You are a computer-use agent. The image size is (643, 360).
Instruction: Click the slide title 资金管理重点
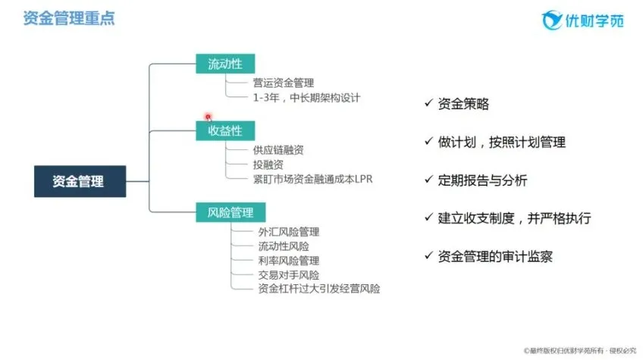[x=69, y=18]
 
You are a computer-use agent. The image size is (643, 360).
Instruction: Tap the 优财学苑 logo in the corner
[x=582, y=20]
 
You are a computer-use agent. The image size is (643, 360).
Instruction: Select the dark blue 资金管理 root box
[x=80, y=181]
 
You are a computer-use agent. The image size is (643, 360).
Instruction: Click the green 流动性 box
[x=225, y=64]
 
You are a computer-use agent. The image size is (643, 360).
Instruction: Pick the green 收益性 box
[x=225, y=131]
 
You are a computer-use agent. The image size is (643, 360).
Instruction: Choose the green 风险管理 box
[x=231, y=212]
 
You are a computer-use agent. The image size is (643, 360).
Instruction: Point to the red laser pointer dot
[x=209, y=117]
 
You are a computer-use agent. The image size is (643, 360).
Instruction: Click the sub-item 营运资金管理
[x=284, y=83]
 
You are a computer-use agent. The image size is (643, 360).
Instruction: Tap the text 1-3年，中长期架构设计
[x=306, y=98]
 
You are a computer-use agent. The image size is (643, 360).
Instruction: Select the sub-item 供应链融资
[x=278, y=150]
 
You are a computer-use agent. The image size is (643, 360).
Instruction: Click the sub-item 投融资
[x=268, y=164]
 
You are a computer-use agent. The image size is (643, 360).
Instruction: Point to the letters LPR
[x=364, y=179]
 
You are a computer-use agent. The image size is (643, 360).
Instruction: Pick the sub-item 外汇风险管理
[x=289, y=232]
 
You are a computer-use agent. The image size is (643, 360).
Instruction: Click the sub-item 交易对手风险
[x=289, y=275]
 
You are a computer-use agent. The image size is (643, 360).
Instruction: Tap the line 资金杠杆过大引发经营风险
[x=319, y=289]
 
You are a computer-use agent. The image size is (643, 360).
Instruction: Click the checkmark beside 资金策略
[x=429, y=102]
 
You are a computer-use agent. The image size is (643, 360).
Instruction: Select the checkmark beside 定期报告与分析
[x=429, y=179]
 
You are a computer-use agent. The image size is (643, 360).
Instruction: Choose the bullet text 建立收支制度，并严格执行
[x=514, y=218]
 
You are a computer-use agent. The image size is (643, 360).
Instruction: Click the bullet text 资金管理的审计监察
[x=495, y=257]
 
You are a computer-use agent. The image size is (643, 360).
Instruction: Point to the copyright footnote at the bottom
[x=580, y=351]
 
